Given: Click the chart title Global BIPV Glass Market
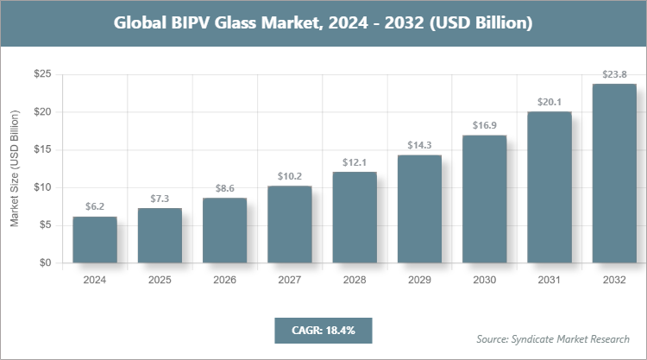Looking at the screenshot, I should [323, 23].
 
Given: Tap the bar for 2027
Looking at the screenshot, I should [290, 224].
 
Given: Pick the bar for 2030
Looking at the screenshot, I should [484, 199].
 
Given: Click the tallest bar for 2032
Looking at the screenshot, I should [614, 173].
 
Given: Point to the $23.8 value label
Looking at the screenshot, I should [614, 74].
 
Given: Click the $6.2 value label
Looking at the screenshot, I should [95, 207].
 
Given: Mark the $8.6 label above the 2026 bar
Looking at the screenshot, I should [224, 189].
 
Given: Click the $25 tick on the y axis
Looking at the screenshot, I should [41, 75].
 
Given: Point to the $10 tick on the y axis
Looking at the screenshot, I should [41, 187].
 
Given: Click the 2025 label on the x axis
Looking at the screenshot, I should [160, 281].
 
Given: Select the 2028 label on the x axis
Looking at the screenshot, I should [355, 281].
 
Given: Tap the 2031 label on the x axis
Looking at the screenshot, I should [550, 281].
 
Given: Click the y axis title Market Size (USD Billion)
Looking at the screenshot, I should [15, 169].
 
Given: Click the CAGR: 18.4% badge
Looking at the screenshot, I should [323, 330].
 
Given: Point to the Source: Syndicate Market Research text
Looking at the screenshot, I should [553, 338].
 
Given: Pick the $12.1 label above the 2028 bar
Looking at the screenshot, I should [355, 162].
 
